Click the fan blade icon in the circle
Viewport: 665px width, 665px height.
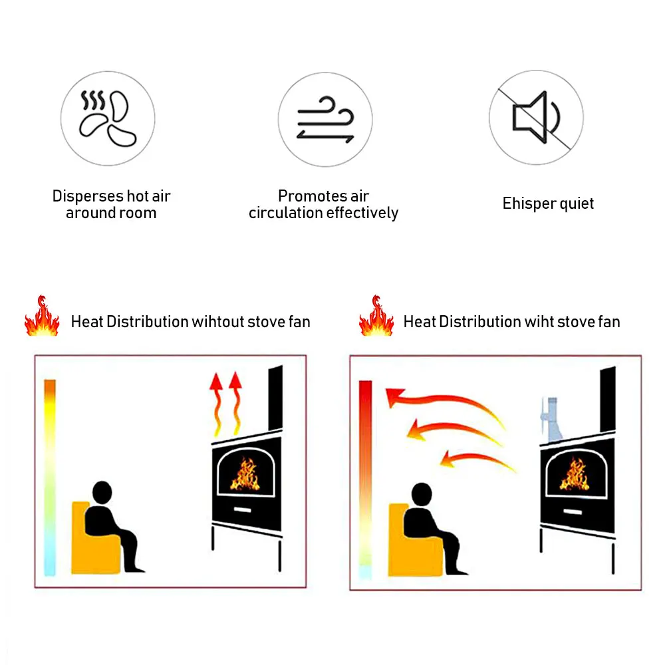pyautogui.click(x=108, y=120)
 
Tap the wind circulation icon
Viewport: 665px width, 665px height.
pyautogui.click(x=325, y=120)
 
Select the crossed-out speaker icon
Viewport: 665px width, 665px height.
pyautogui.click(x=536, y=118)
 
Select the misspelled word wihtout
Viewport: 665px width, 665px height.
pyautogui.click(x=217, y=322)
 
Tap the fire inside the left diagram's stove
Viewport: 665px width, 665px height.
pyautogui.click(x=245, y=473)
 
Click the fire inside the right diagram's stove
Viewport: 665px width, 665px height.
pyautogui.click(x=573, y=474)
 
